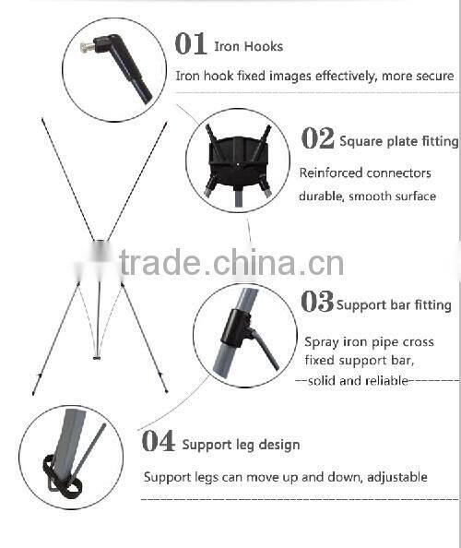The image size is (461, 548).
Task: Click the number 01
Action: click(191, 43)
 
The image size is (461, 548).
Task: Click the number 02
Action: click(317, 138)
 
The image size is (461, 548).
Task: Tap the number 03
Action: click(317, 302)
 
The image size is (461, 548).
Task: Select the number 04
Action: click(159, 441)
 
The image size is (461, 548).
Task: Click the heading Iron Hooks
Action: click(248, 46)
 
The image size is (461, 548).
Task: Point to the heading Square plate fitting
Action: click(399, 141)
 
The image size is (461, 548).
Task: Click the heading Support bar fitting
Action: click(394, 304)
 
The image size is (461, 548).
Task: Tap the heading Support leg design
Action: click(241, 445)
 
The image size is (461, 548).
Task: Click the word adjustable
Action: click(397, 477)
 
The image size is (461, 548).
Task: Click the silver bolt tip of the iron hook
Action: click(87, 46)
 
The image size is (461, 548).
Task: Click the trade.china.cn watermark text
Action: click(231, 263)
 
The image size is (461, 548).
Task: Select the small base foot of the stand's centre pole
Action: click(97, 358)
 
